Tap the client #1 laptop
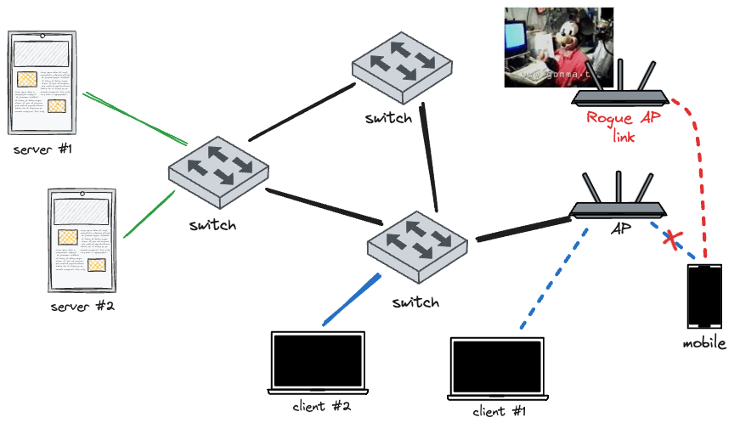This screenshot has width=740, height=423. (x=500, y=370)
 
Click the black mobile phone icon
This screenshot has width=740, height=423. (x=705, y=296)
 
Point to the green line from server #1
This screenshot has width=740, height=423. (x=136, y=118)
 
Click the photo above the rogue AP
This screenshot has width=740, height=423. (x=558, y=46)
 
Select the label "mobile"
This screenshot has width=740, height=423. (x=704, y=343)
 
